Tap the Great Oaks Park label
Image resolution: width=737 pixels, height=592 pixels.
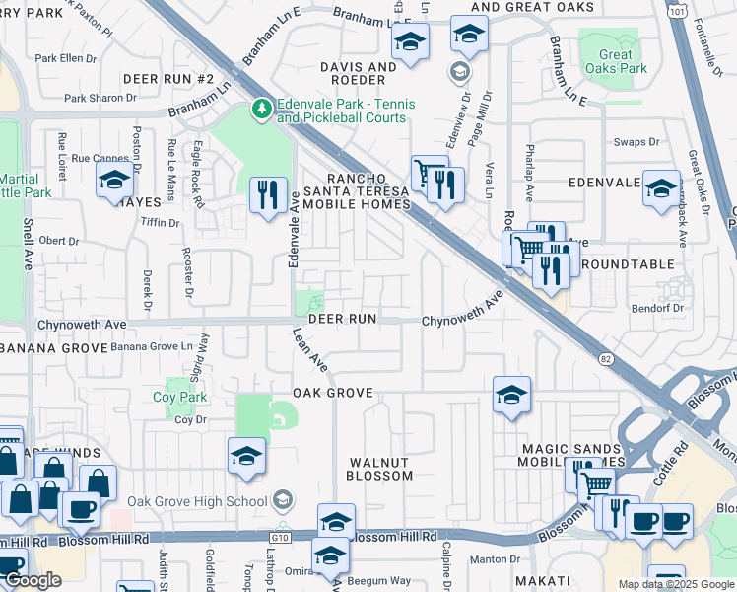point(616,62)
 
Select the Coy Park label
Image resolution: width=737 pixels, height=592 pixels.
point(177,398)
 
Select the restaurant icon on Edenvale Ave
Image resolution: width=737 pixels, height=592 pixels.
point(266,193)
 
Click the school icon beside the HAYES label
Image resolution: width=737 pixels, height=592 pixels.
point(114,181)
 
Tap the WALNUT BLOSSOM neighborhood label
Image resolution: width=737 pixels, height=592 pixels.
point(381,469)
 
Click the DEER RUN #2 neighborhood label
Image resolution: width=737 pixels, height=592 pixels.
point(168,78)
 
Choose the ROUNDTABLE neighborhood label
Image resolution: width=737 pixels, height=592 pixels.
point(628,264)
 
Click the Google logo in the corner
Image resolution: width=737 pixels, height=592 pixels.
point(33,580)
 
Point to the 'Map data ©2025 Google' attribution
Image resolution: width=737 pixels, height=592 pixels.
point(675,584)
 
